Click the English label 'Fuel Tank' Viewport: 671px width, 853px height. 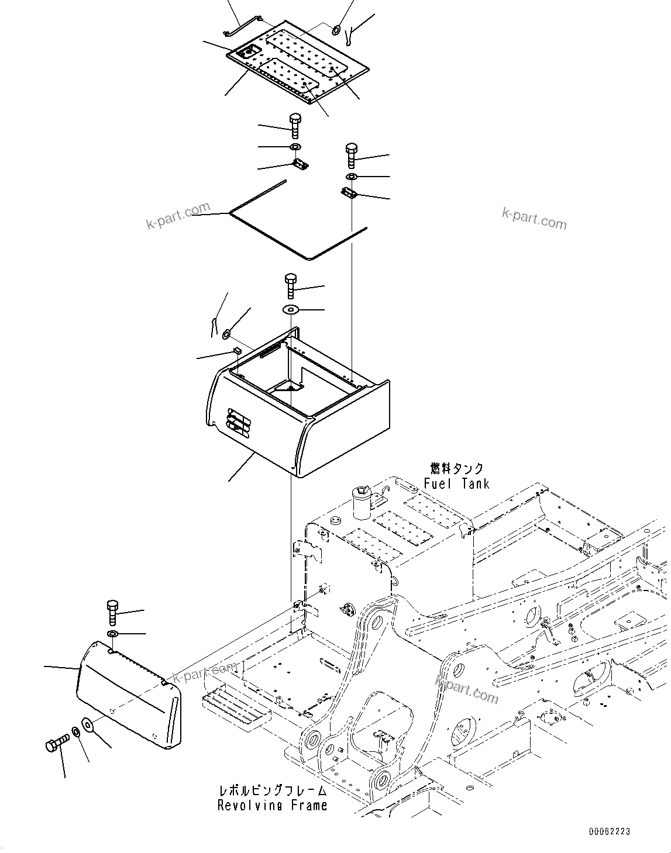coord(456,484)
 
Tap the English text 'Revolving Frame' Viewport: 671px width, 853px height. coord(272,806)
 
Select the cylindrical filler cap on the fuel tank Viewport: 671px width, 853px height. coord(362,501)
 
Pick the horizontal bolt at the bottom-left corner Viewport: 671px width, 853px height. coord(56,744)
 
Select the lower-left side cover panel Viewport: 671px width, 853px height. coord(129,696)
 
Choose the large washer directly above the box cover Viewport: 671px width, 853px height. coord(291,309)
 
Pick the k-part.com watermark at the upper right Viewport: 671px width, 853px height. coord(534,219)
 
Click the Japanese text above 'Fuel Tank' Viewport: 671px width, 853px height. coord(456,469)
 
